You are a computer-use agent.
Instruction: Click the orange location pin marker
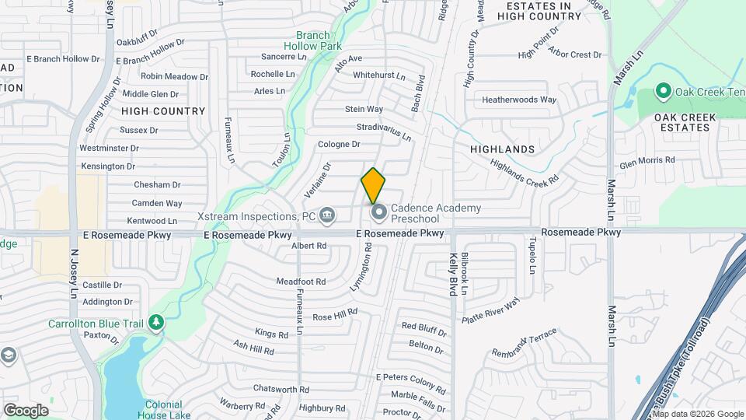click(x=373, y=185)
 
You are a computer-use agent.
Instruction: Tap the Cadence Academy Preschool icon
click(x=379, y=212)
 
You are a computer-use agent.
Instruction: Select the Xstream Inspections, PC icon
click(x=327, y=214)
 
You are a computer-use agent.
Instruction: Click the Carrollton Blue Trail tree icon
click(x=155, y=322)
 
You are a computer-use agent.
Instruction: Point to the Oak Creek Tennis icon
click(x=664, y=92)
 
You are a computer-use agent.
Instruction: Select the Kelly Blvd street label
click(x=451, y=274)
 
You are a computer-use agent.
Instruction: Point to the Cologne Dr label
click(x=340, y=144)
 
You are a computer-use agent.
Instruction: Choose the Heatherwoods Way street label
click(x=519, y=100)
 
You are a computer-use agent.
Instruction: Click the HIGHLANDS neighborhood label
click(x=503, y=149)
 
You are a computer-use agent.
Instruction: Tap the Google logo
click(x=26, y=410)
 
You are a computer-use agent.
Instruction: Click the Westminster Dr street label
click(x=109, y=148)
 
